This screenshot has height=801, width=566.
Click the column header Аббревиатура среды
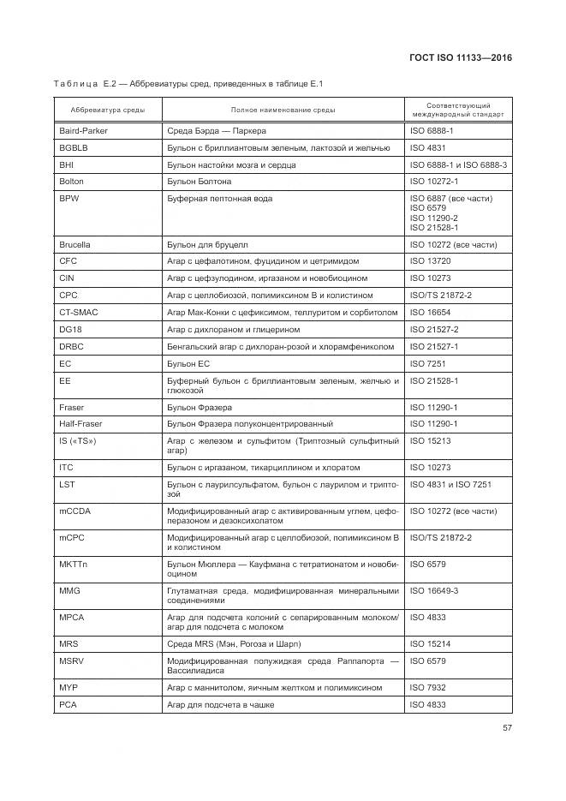coord(101,111)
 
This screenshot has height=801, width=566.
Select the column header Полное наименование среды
coord(283,111)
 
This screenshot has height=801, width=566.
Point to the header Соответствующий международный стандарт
coord(457,110)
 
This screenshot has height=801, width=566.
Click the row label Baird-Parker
coord(83,131)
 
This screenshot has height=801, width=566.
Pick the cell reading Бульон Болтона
coord(199,182)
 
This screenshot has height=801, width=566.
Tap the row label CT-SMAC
coord(78,313)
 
